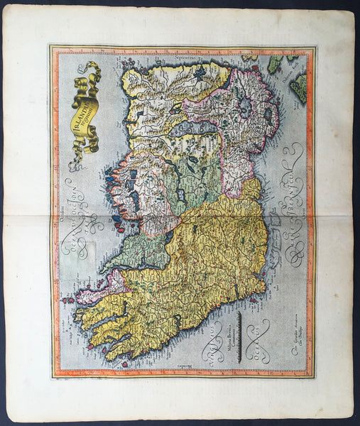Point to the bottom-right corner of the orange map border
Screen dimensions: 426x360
[x=312, y=376]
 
